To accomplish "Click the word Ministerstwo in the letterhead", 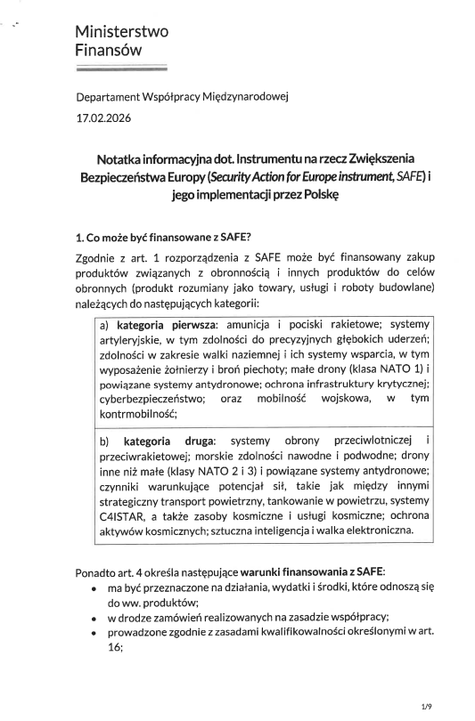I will (121, 32).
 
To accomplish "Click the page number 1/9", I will (426, 706).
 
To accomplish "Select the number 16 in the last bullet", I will (114, 648).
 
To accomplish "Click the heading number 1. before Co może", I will (80, 237).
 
